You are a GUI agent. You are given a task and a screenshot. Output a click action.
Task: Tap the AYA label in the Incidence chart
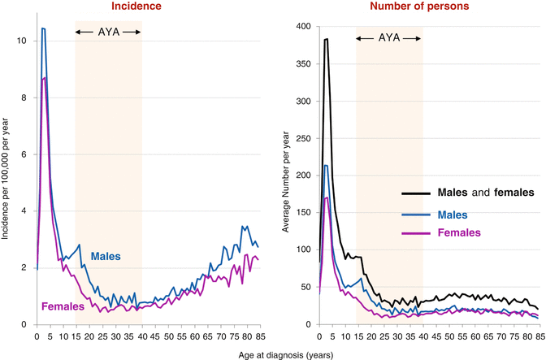pyautogui.click(x=108, y=32)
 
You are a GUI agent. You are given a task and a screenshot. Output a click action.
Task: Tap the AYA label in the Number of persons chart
pyautogui.click(x=389, y=37)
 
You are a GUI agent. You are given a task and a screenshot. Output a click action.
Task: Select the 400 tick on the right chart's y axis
pyautogui.click(x=302, y=27)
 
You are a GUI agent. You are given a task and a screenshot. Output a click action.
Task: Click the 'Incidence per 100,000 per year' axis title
pyautogui.click(x=7, y=177)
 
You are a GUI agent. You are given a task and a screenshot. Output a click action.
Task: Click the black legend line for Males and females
pyautogui.click(x=418, y=193)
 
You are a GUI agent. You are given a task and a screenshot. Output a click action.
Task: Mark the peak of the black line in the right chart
pyautogui.click(x=327, y=39)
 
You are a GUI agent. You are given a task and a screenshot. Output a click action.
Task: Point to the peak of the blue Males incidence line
pyautogui.click(x=42, y=28)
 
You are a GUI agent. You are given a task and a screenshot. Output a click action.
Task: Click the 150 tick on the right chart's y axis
pyautogui.click(x=302, y=213)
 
